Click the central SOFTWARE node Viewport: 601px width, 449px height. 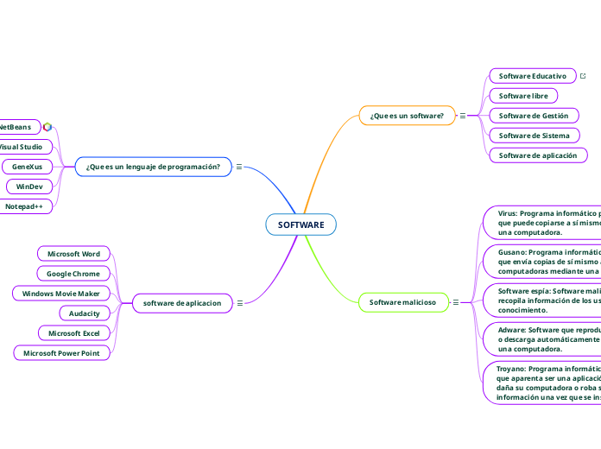coord(300,224)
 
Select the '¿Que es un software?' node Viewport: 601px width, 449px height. coord(407,115)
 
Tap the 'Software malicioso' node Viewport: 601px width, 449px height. coord(402,302)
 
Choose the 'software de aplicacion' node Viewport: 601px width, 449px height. coord(181,302)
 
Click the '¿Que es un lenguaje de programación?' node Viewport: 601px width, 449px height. coord(154,167)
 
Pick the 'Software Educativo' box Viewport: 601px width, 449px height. coord(532,76)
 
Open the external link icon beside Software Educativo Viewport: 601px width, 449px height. coord(583,76)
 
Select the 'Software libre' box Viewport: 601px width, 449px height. coord(523,96)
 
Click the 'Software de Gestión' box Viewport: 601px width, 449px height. coord(533,116)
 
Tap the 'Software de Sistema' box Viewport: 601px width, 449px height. coord(533,136)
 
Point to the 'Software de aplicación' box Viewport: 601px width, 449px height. coord(538,155)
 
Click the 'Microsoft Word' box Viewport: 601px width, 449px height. coord(73,254)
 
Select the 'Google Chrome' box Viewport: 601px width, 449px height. coord(73,274)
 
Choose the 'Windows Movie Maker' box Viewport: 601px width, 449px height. coord(62,294)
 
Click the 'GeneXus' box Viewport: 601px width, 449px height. coord(27,167)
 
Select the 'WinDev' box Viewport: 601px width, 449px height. coord(30,187)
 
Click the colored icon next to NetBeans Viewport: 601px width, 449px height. coord(47,127)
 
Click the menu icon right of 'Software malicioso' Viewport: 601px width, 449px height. coord(455,302)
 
